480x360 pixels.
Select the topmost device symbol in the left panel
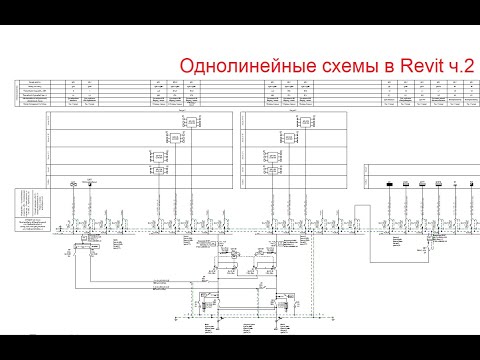(x=176, y=137)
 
